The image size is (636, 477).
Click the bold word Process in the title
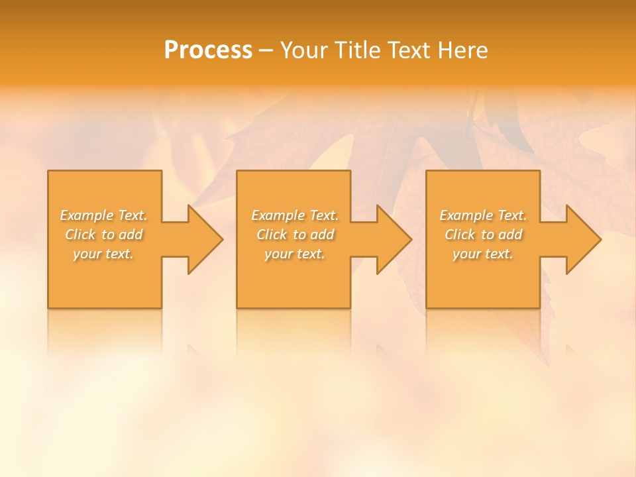(208, 50)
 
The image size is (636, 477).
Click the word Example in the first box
(87, 215)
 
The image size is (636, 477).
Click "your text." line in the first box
(103, 254)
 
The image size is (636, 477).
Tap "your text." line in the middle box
(295, 254)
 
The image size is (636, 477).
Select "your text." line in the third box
(483, 254)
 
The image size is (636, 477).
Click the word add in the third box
(510, 235)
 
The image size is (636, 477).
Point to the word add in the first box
(131, 235)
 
